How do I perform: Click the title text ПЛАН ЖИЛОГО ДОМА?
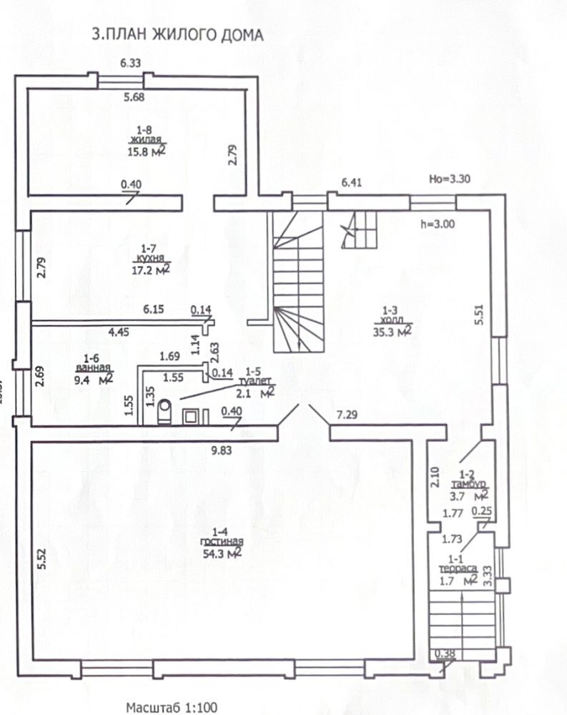tap(184, 35)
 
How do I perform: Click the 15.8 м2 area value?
tap(146, 151)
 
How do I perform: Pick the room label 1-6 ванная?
tap(94, 363)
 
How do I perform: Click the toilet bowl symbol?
tap(164, 412)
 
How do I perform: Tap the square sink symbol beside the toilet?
tap(191, 416)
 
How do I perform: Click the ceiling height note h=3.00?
tap(437, 224)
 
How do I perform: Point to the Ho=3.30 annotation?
tap(449, 178)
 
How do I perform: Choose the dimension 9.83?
tap(221, 450)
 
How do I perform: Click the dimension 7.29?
tap(347, 415)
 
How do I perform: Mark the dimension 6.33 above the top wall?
tap(130, 63)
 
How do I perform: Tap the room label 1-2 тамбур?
tap(468, 480)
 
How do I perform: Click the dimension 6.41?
tap(352, 182)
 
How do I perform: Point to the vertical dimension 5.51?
tap(478, 315)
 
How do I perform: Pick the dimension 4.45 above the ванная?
tap(119, 332)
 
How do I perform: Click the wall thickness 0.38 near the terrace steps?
tap(445, 654)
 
